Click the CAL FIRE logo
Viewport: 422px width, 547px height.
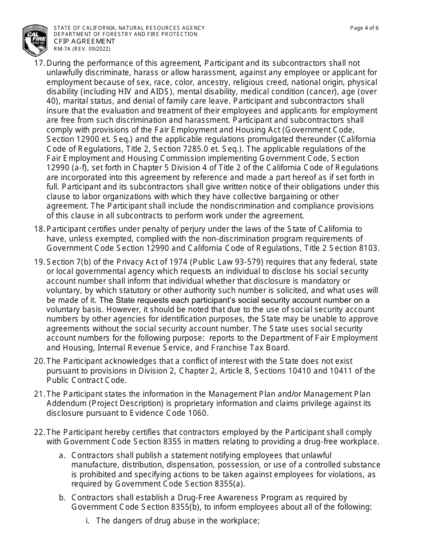35,39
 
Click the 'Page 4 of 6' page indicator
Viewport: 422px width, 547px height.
364,28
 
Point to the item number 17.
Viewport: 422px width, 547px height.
39,63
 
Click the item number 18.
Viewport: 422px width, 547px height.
39,229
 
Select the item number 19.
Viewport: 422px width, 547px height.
39,262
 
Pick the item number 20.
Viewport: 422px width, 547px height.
39,361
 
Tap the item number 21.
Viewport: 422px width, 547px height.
39,394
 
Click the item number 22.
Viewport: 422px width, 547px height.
39,432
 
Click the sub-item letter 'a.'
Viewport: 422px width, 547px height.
63,455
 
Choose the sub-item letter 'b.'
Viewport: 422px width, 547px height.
63,497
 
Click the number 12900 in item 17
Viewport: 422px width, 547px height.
85,139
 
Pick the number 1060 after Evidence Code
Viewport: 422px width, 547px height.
199,413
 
